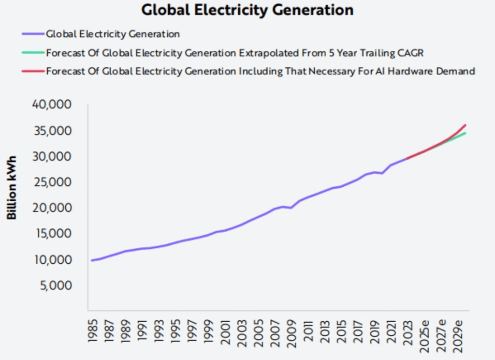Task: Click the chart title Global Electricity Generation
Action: point(247,10)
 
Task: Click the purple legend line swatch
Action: point(32,34)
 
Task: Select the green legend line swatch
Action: point(32,53)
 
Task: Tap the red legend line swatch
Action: point(32,71)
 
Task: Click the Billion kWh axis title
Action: point(12,187)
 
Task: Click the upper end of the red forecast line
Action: point(465,125)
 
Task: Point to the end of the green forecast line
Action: point(465,133)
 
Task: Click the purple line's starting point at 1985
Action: point(92,260)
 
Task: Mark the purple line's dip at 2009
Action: point(291,208)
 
